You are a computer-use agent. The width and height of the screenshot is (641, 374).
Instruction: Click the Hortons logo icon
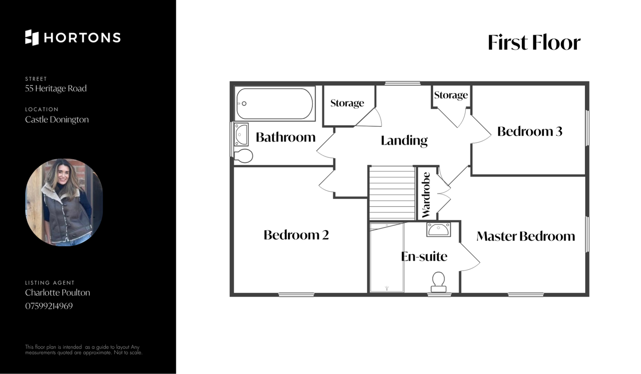[32, 37]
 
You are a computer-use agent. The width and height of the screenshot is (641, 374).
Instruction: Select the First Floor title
[534, 42]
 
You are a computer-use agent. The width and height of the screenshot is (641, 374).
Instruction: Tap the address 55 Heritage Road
[56, 88]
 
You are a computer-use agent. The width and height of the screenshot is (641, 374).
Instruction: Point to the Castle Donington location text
[57, 119]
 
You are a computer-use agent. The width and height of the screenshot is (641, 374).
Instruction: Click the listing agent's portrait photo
[64, 203]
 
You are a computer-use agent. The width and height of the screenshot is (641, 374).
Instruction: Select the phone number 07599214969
[49, 306]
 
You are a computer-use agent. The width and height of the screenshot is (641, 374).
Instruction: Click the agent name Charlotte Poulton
[57, 292]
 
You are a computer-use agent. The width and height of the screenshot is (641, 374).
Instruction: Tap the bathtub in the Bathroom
[275, 104]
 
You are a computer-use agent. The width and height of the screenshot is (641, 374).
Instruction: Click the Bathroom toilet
[243, 156]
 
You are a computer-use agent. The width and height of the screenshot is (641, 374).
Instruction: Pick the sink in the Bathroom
[241, 134]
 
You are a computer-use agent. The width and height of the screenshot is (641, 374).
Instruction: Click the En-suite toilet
[438, 282]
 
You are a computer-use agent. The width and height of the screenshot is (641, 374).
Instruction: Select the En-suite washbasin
[439, 230]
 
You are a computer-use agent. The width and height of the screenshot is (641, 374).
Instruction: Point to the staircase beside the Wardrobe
[392, 193]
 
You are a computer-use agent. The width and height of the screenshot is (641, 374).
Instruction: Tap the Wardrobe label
[426, 195]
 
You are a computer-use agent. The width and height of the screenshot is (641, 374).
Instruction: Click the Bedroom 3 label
[530, 131]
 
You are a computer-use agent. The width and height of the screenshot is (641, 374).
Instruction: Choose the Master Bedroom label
[526, 236]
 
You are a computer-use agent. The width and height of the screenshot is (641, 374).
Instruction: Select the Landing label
[404, 141]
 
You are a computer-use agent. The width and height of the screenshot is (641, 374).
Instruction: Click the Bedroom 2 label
[296, 235]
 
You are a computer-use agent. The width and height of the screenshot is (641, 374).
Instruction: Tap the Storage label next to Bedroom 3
[451, 95]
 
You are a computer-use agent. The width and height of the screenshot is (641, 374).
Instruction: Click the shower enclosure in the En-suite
[387, 258]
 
